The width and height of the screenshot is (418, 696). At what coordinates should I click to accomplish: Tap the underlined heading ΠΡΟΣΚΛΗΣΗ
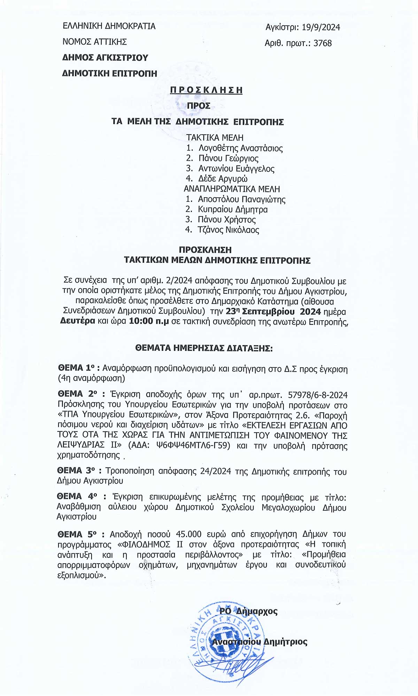[x=206, y=90]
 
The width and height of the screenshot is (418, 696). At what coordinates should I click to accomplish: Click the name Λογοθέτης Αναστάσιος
[x=240, y=148]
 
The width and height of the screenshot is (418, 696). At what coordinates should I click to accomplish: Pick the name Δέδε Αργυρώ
[x=223, y=179]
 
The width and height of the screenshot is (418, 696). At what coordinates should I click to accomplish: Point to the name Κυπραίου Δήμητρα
[x=233, y=209]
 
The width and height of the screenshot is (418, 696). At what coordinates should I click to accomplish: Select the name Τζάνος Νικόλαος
[x=228, y=230]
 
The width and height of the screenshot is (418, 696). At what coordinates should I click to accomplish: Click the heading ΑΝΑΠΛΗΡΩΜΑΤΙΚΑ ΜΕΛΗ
[x=232, y=189]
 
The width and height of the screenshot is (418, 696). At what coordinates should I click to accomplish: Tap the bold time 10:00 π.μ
[x=149, y=321]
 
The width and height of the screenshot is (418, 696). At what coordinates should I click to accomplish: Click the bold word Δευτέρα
[x=77, y=321]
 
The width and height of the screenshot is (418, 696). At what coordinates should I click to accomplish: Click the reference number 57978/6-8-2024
[x=318, y=395]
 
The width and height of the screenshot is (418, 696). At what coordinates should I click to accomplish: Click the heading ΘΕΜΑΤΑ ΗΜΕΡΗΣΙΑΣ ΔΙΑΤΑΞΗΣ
[x=204, y=348]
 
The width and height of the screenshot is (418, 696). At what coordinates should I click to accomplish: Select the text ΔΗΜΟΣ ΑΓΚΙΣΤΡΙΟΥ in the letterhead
[x=105, y=58]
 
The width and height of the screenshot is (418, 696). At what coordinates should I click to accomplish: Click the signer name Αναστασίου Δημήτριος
[x=260, y=642]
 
